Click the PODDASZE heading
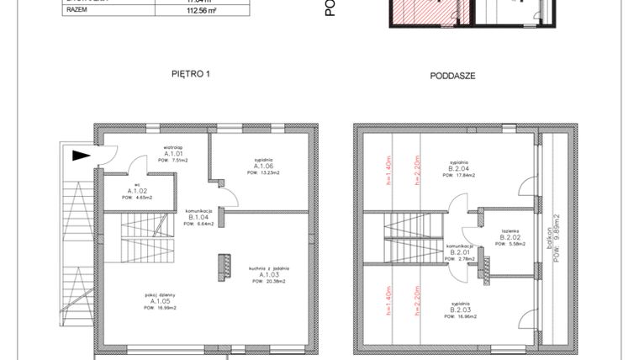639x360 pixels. click(x=453, y=75)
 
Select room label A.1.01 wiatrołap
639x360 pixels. click(x=174, y=155)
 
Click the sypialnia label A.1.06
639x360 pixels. click(x=266, y=166)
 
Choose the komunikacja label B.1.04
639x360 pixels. click(x=199, y=217)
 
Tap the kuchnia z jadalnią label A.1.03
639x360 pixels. click(x=269, y=275)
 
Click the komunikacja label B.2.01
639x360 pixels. click(x=458, y=252)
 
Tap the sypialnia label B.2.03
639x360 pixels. click(x=459, y=310)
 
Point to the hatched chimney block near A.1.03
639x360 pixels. click(x=223, y=264)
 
